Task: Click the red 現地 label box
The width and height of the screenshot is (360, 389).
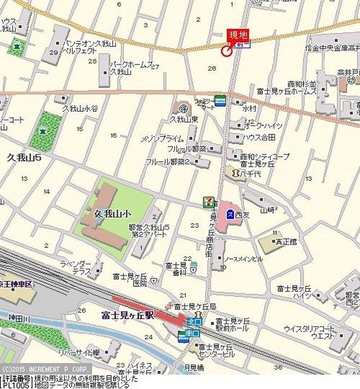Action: [x=237, y=36]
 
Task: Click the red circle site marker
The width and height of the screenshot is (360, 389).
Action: [x=226, y=52]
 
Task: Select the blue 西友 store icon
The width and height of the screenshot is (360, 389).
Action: [x=231, y=214]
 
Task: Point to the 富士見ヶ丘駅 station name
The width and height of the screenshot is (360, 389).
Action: [x=130, y=315]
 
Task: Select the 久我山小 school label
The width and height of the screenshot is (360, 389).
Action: [x=113, y=214]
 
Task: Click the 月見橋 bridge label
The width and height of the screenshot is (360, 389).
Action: [x=194, y=367]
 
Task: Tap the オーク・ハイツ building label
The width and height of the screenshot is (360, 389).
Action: [x=263, y=125]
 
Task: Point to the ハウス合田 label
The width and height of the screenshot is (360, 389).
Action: [x=260, y=137]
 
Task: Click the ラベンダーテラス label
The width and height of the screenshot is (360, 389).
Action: [x=75, y=268]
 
